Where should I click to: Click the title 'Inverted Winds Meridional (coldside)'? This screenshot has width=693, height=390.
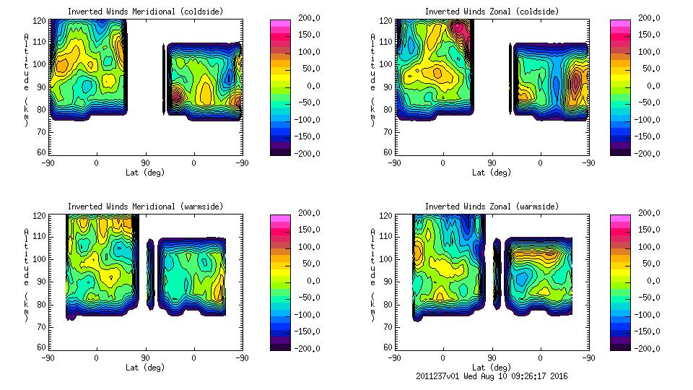[145, 12]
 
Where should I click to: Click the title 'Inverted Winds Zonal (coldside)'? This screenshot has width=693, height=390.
[492, 12]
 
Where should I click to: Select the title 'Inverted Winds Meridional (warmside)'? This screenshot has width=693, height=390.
[145, 207]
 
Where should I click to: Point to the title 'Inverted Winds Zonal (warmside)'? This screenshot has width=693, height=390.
[492, 207]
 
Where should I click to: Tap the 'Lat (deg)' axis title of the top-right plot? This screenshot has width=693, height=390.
[492, 173]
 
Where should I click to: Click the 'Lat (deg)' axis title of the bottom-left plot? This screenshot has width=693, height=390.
[145, 368]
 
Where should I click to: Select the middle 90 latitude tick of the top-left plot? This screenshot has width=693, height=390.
[145, 163]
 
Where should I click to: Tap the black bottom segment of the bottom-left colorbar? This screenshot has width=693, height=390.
[280, 345]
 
